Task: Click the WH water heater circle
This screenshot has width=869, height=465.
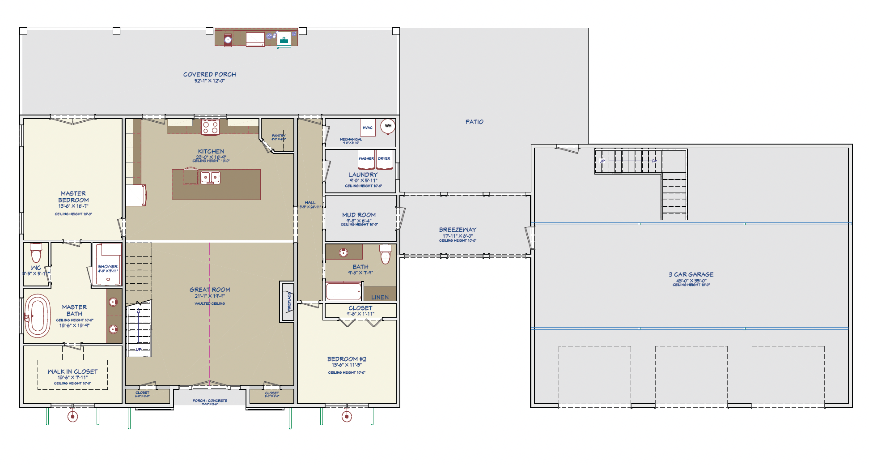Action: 388,126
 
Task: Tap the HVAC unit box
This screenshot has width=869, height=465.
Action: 368,128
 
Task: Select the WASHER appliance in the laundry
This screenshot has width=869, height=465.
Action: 366,160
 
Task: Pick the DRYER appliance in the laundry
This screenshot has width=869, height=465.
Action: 384,160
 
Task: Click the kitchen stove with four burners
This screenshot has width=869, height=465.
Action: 210,128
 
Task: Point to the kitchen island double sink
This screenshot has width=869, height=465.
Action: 210,178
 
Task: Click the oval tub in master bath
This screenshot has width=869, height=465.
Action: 38,316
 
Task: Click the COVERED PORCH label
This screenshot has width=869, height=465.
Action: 209,74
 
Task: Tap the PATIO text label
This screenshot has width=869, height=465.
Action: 474,122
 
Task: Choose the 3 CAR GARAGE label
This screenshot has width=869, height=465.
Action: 691,274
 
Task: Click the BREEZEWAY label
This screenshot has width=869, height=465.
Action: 458,230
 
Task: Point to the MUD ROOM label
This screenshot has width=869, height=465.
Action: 359,215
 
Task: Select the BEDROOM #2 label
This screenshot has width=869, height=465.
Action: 347,359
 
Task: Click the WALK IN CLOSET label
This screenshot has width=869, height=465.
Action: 72,371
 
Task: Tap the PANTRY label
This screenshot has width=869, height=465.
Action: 278,136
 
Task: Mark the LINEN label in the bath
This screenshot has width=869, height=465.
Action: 380,297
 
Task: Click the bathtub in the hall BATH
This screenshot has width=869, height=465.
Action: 343,291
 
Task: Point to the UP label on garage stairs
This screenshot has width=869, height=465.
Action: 602,161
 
